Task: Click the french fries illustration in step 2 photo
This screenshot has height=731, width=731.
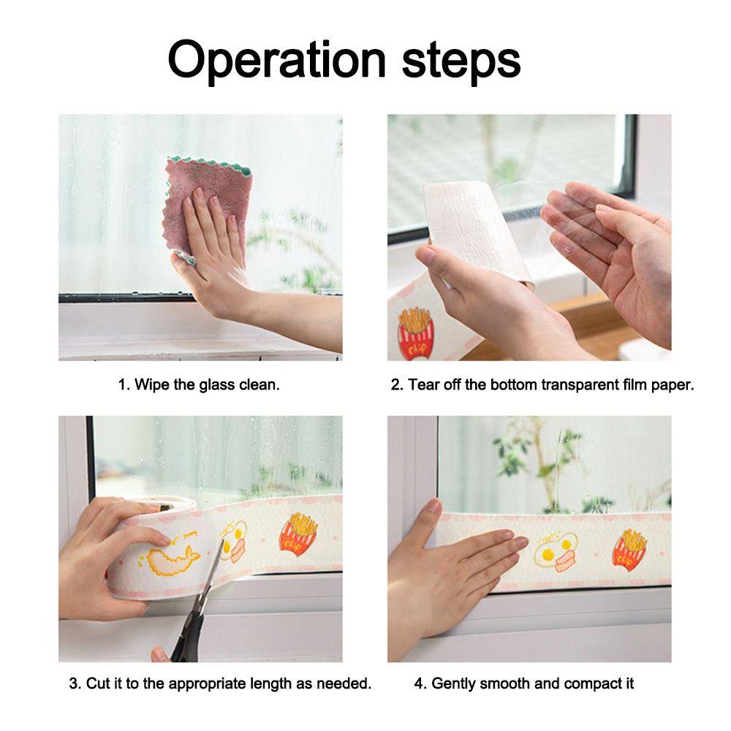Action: tap(415, 333)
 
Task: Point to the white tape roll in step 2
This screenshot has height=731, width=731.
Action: tap(475, 227)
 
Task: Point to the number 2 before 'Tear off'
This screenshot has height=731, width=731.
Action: tap(395, 385)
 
